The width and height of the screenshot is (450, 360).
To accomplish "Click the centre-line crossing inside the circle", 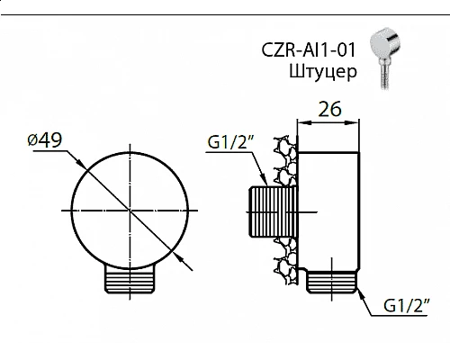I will tap(130, 210).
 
